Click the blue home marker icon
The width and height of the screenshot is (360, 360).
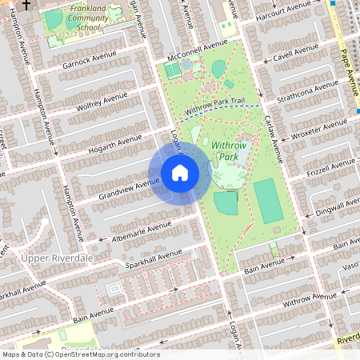[180, 173]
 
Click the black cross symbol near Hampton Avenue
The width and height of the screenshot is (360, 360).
[26, 5]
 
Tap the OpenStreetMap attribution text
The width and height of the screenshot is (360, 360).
[80, 354]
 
